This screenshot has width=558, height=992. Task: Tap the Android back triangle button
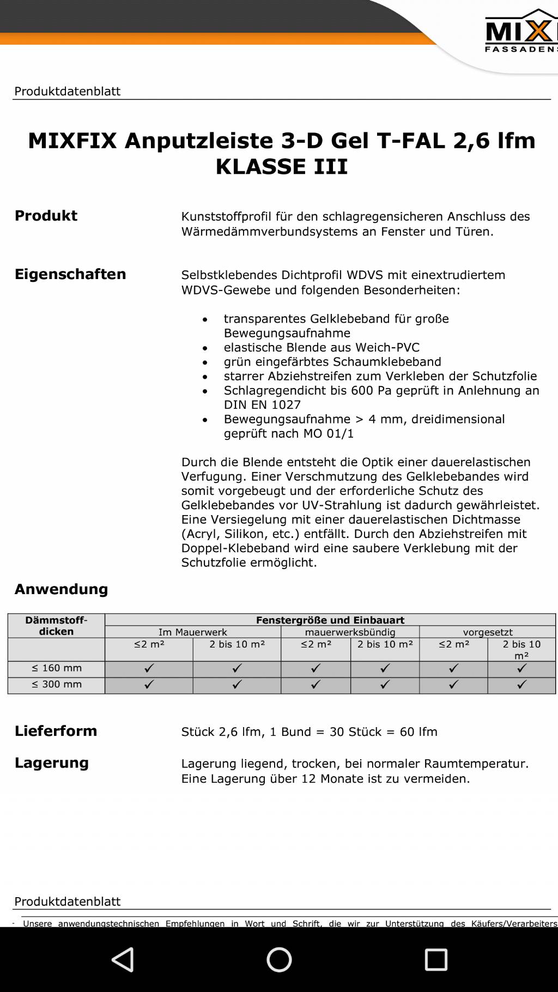[x=123, y=959]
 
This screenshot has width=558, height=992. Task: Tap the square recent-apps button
[x=436, y=959]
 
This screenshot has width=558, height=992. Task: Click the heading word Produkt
[x=46, y=216]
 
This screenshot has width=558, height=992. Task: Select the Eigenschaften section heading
[x=70, y=274]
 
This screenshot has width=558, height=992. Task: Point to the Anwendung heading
[x=62, y=589]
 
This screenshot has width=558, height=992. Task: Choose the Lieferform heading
[x=56, y=731]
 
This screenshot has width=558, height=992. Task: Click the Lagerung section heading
[x=52, y=763]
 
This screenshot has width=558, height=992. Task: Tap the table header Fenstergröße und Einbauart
[x=330, y=620]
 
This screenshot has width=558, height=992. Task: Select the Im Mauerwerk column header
[x=193, y=632]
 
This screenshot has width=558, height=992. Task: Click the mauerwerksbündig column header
[x=350, y=632]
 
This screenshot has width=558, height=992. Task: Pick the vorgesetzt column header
[x=488, y=632]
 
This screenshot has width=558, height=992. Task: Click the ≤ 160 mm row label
[x=57, y=668]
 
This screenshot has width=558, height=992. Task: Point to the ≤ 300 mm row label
[x=57, y=685]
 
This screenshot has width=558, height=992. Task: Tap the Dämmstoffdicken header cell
[x=56, y=626]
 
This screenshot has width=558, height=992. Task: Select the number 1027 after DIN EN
[x=286, y=405]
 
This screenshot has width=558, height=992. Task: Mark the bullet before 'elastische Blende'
[x=205, y=348]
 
